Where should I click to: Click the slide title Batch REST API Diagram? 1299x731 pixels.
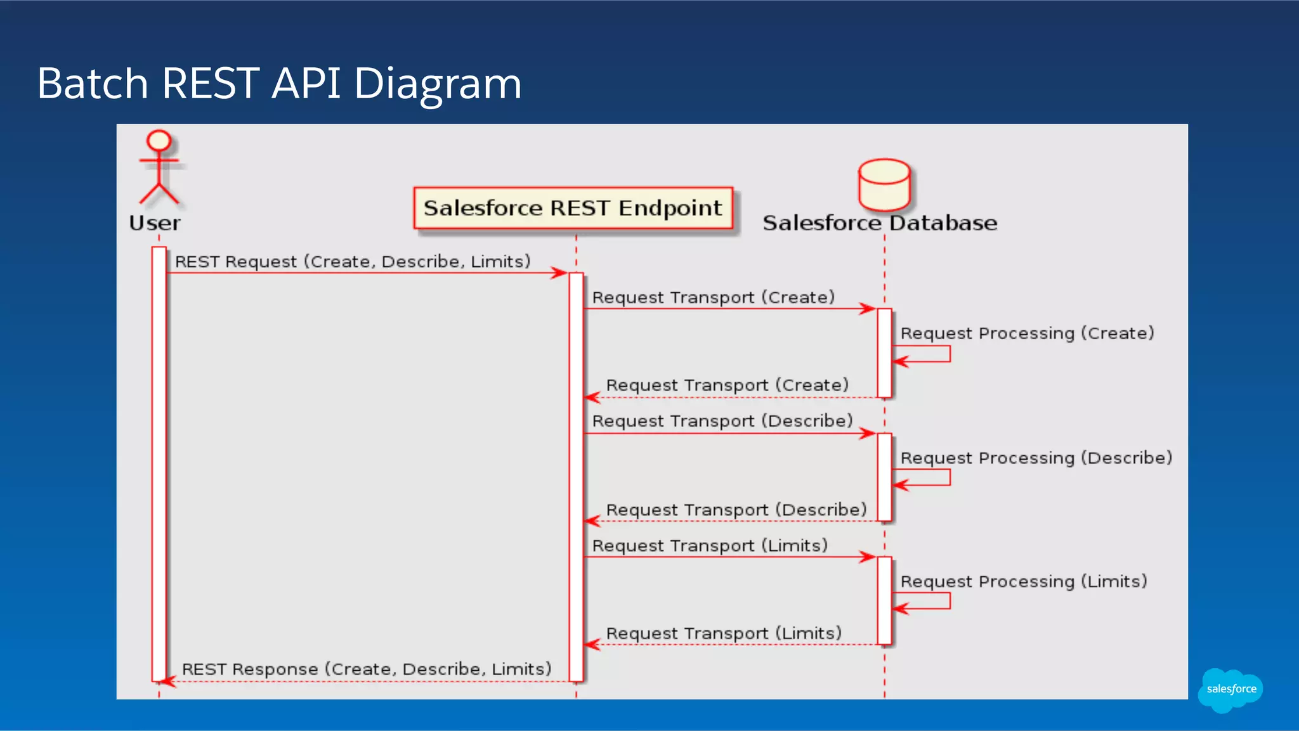tap(279, 83)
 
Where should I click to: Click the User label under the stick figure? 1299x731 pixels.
tap(155, 223)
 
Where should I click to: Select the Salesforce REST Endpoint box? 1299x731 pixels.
tap(573, 208)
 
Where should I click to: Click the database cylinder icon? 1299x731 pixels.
tap(884, 184)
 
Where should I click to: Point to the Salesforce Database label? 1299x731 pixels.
tap(880, 223)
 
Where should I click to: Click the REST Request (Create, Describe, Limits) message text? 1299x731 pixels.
tap(353, 261)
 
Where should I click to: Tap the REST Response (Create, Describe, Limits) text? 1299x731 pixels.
tap(367, 669)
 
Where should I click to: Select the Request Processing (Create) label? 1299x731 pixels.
tap(1027, 333)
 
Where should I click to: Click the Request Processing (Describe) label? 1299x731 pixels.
tap(1036, 458)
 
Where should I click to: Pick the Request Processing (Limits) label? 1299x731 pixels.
tap(1024, 581)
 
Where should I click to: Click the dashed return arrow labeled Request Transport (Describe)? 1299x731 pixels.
tap(729, 521)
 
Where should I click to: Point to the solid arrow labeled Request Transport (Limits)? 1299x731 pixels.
tap(729, 557)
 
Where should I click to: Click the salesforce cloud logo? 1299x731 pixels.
tap(1230, 689)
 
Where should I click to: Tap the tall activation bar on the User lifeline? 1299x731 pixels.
tap(159, 463)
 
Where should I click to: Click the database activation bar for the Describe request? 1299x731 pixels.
tap(884, 477)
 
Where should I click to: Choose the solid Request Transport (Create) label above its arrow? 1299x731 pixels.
tap(713, 297)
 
